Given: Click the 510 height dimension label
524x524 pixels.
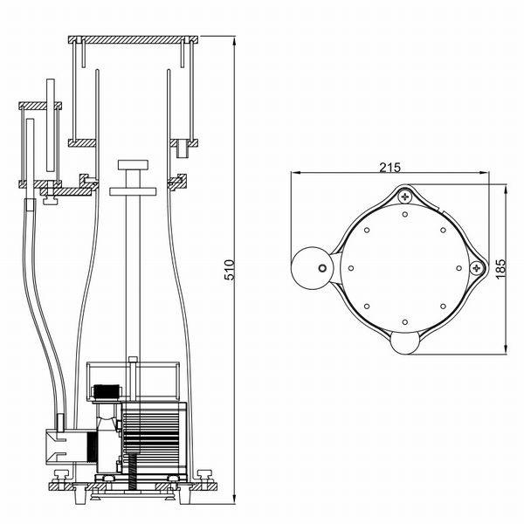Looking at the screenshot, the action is tap(231, 270).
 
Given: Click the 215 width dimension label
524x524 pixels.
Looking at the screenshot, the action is tap(390, 167).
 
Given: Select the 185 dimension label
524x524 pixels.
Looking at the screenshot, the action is tap(500, 269).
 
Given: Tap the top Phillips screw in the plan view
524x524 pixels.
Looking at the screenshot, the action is tap(405, 196).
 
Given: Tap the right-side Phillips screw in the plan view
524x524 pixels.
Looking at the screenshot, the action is tap(477, 268).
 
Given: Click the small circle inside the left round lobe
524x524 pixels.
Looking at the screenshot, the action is tap(322, 268).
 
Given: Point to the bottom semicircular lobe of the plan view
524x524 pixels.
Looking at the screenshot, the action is tap(404, 342).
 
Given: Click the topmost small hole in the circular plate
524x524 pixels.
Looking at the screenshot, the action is tap(405, 214).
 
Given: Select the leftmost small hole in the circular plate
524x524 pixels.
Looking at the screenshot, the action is tap(351, 268).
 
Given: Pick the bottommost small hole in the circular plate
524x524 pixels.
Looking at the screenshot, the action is tap(405, 322).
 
